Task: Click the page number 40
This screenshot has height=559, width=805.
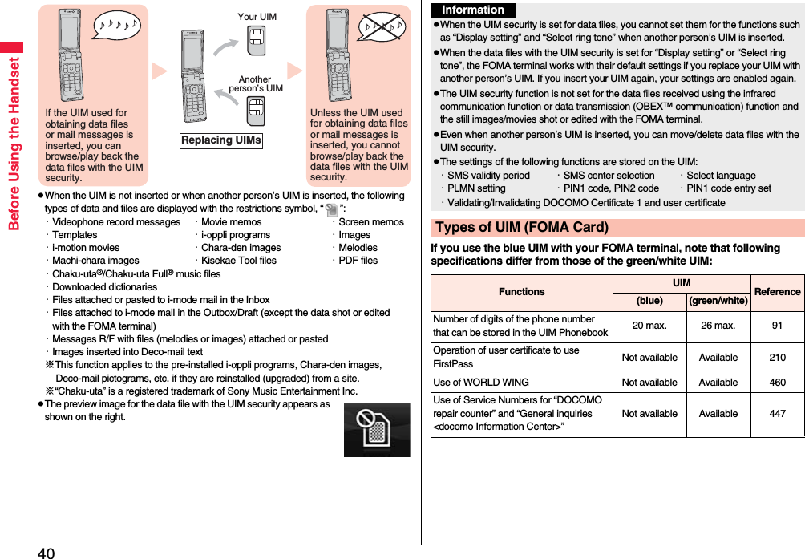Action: click(46, 552)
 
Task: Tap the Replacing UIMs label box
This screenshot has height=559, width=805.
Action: click(221, 140)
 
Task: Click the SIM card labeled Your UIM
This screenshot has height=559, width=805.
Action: click(256, 40)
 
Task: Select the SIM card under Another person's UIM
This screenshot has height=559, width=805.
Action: click(256, 111)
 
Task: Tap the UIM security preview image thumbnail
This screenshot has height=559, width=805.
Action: click(376, 429)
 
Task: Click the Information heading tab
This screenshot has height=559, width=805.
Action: click(473, 10)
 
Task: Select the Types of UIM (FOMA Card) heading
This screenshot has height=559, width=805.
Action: click(522, 228)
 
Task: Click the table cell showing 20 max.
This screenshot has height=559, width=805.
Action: click(649, 326)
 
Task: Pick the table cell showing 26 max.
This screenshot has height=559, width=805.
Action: click(718, 326)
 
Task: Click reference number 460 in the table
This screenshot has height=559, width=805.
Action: click(777, 383)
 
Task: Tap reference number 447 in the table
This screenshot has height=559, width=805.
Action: click(777, 414)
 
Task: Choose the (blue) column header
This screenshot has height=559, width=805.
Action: click(649, 301)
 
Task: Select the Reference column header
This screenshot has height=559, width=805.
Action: click(777, 292)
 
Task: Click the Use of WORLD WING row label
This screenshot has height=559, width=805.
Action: click(481, 383)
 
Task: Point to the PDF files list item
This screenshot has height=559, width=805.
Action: click(358, 261)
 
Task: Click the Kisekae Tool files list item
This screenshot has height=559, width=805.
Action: click(238, 261)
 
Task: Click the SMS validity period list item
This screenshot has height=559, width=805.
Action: click(488, 176)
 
